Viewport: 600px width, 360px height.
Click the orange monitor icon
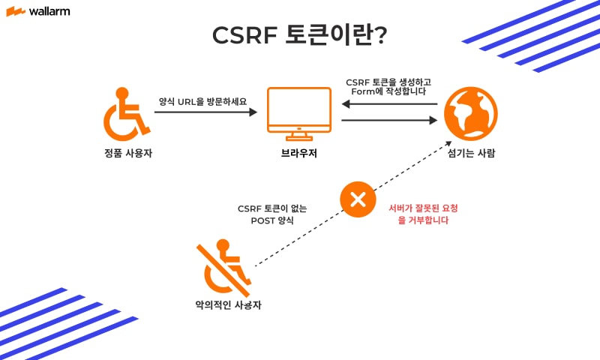(299, 113)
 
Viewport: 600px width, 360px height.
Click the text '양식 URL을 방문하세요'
(202, 100)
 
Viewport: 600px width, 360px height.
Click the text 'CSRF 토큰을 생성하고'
(388, 81)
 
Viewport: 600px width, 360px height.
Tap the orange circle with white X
(358, 199)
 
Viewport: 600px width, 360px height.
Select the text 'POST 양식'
(272, 221)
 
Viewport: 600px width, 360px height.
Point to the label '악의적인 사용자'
(228, 305)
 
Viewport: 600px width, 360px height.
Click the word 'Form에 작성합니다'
(388, 91)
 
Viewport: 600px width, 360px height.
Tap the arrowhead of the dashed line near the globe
(448, 145)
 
